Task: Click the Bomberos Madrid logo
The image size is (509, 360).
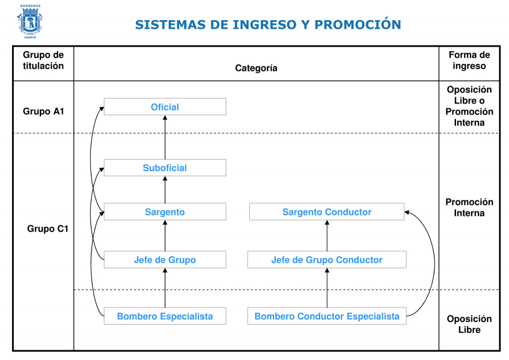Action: (x=29, y=21)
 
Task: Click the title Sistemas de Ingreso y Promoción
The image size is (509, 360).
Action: (x=268, y=25)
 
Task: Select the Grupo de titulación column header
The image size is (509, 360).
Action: (x=43, y=60)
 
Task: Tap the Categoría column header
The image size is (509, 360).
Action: (x=256, y=68)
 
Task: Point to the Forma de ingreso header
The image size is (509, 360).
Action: (x=469, y=60)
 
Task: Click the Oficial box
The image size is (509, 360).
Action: (x=165, y=107)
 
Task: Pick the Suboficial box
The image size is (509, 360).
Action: (x=165, y=168)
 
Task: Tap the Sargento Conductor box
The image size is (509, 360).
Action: (x=326, y=212)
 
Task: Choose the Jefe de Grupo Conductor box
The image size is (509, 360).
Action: (x=326, y=260)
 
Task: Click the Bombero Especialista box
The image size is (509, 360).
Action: (x=165, y=316)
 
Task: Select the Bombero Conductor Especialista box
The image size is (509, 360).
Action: (x=326, y=316)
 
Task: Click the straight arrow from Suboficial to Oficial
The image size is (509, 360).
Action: (x=165, y=137)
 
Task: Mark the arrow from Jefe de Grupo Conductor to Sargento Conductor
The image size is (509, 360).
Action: (x=327, y=236)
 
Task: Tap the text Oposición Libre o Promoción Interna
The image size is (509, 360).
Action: (x=469, y=106)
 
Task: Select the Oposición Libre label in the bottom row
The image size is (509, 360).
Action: (x=469, y=324)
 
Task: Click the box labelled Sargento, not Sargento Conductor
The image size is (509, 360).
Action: (x=165, y=212)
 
